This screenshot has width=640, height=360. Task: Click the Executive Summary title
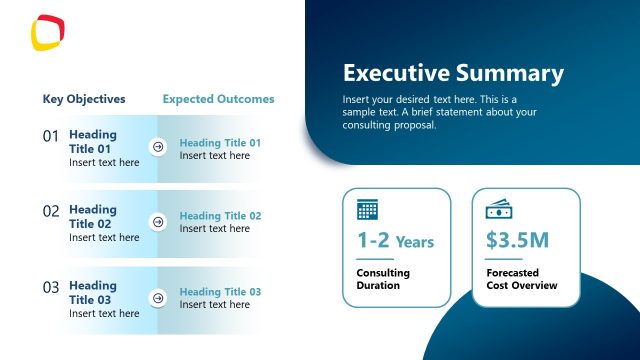[x=453, y=73]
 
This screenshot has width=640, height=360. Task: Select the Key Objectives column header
[x=84, y=99]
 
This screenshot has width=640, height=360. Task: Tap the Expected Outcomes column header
[x=218, y=99]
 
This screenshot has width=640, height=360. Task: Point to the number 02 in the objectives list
[x=51, y=211]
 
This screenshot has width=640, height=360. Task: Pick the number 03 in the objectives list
[x=51, y=287]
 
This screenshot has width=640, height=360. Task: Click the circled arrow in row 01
[x=157, y=147]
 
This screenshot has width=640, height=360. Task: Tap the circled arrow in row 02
[x=157, y=222]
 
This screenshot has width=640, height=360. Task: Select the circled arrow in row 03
[x=157, y=298]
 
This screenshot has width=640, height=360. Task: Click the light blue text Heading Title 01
[x=220, y=143]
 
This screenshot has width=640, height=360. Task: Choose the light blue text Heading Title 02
[x=220, y=216]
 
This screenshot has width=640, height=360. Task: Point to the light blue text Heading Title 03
[x=220, y=292]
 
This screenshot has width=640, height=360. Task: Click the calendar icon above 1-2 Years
[x=368, y=210]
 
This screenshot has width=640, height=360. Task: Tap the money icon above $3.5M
[x=499, y=210]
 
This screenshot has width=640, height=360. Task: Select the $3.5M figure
[x=516, y=241]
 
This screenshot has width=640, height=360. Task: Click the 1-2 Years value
[x=395, y=241]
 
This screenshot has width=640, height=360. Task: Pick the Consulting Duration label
[x=383, y=279]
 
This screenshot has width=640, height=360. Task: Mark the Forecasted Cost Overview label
[x=521, y=279]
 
